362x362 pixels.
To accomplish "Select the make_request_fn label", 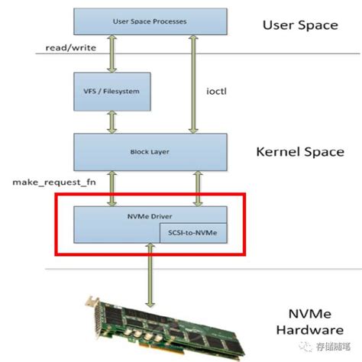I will tap(51, 184).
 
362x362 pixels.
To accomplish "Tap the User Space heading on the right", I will tap(300, 25).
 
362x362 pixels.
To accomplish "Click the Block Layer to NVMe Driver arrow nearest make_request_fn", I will tap(113, 189).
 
